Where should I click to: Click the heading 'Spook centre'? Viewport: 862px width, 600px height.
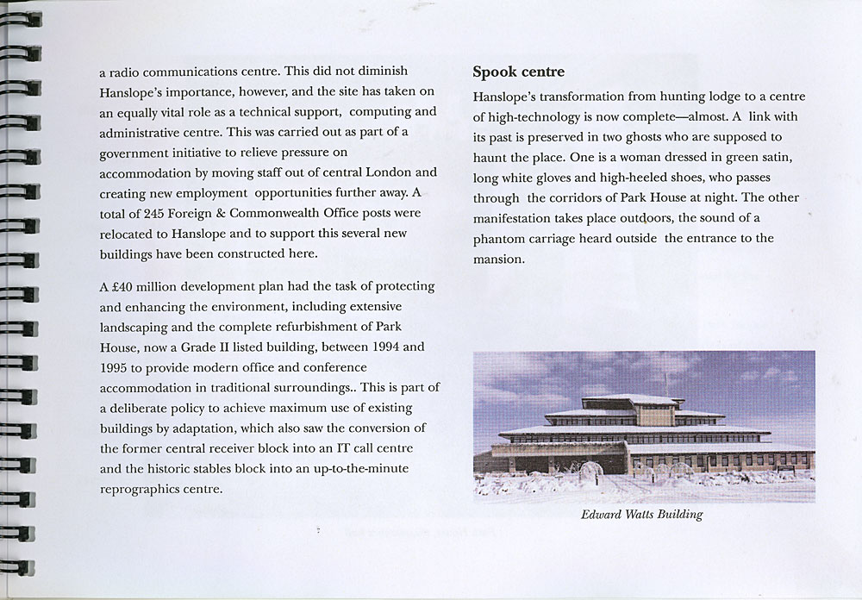coord(519,72)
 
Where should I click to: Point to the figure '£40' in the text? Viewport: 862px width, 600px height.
coord(122,286)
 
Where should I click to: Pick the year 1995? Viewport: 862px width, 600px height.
coord(116,368)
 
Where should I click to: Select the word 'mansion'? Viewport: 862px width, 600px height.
coord(497,259)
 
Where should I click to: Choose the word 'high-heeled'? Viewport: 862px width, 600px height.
coord(627,178)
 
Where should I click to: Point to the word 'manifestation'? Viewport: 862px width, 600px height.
coord(515,218)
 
